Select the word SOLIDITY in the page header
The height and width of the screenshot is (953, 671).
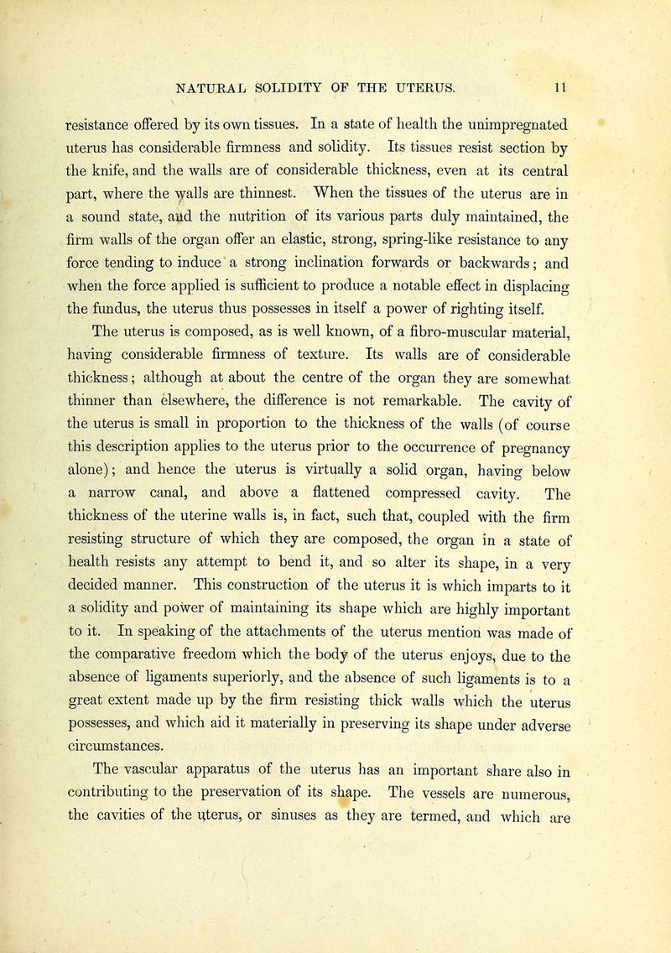[x=295, y=84]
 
